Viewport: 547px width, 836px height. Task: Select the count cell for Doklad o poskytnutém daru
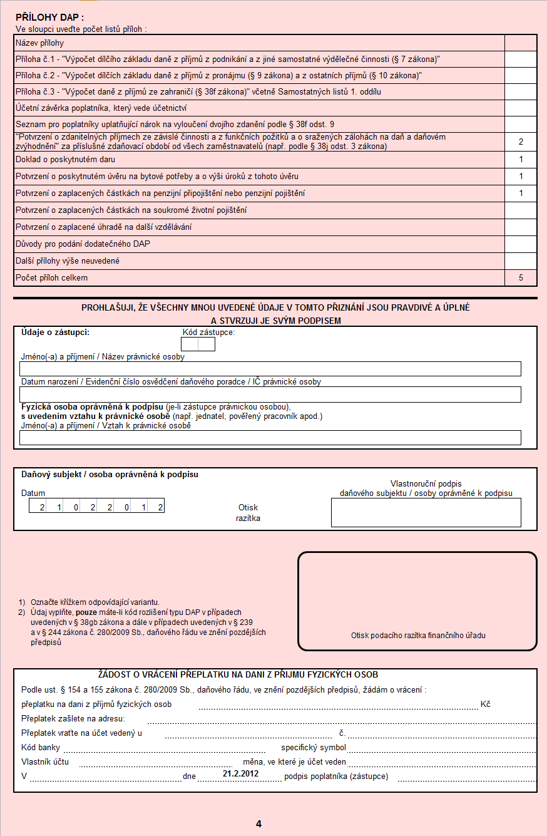521,160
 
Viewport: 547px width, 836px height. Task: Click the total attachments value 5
521,277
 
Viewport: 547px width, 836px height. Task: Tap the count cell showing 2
521,142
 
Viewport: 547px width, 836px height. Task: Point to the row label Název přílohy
40,43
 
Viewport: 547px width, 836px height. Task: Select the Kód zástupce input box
198,344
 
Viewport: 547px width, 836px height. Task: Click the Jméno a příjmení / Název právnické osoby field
270,369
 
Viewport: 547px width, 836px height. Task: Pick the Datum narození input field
270,394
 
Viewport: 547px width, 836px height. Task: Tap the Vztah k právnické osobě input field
270,437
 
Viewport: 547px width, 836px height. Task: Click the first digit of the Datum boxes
42,507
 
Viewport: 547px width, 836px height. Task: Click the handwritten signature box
426,512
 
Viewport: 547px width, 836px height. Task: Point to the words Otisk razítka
248,513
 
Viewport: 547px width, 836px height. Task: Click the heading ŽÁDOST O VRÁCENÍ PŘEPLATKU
238,675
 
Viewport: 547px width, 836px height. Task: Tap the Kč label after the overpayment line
485,704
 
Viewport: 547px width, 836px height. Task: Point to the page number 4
258,824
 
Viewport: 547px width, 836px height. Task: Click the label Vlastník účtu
45,762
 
